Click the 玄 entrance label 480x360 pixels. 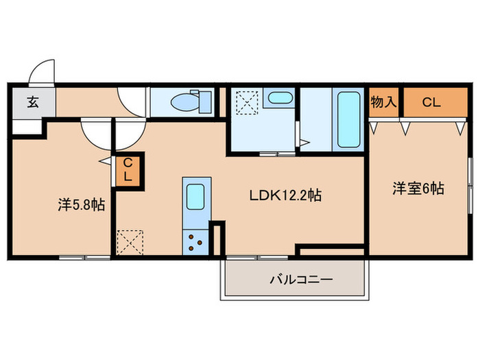pos(32,104)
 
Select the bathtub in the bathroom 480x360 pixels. pos(349,119)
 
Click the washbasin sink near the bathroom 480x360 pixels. pos(278,98)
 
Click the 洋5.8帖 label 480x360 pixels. pos(81,204)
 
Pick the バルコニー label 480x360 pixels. pos(300,280)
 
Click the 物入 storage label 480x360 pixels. pos(384,103)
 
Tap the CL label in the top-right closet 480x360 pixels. pos(430,103)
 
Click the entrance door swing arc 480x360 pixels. pos(43,71)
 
